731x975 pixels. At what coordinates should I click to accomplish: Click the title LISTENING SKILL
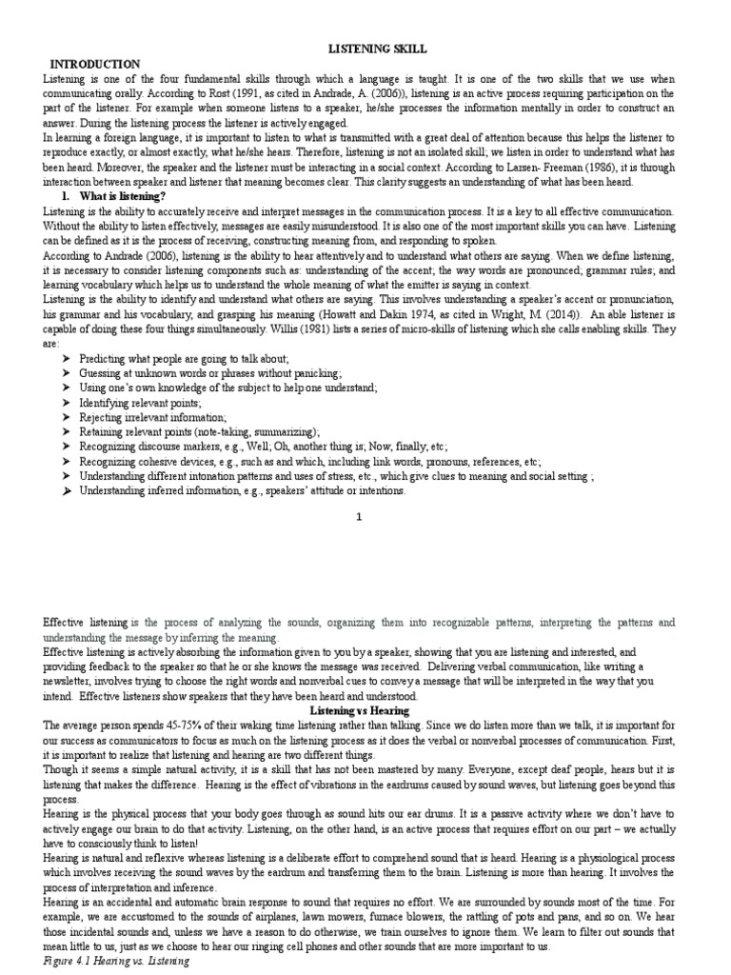point(365,48)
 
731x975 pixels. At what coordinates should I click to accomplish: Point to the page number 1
point(359,517)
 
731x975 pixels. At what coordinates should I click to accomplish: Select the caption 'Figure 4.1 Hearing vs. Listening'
point(117,962)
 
